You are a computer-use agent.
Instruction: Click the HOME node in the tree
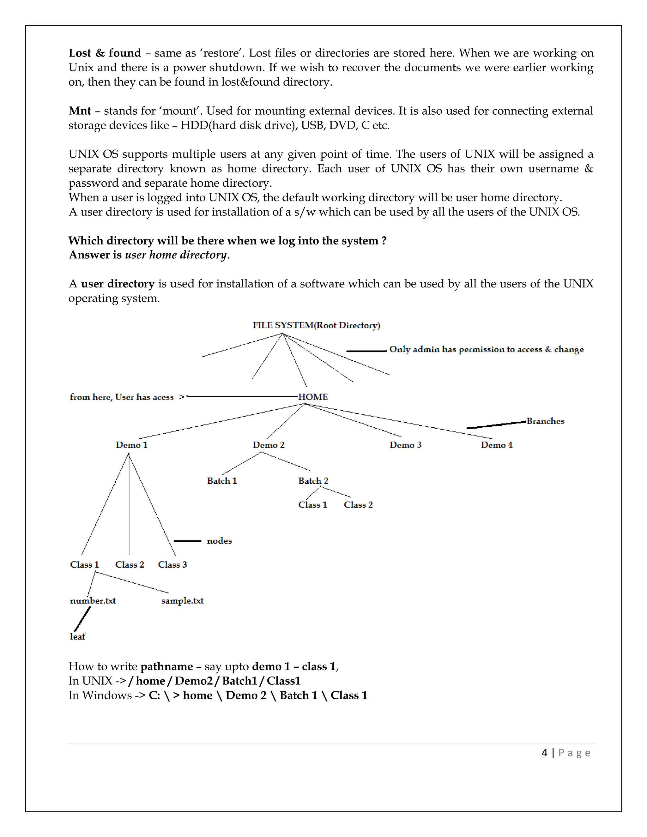(x=313, y=397)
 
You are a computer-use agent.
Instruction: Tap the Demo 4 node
(x=496, y=445)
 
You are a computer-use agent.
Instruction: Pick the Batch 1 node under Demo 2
(x=222, y=481)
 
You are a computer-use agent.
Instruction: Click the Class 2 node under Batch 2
(x=358, y=505)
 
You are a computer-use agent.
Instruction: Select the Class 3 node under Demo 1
(x=172, y=564)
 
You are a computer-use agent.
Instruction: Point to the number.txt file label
(x=93, y=600)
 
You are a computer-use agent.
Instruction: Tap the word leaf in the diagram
(x=77, y=636)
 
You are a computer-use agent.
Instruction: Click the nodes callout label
(x=219, y=541)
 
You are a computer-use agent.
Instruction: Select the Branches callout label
(x=545, y=421)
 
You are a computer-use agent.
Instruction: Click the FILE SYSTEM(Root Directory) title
(x=316, y=325)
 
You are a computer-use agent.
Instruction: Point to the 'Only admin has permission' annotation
(x=486, y=350)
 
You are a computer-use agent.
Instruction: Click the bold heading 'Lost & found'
(x=105, y=53)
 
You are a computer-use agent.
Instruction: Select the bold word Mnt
(x=80, y=111)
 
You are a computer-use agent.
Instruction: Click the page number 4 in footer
(x=545, y=753)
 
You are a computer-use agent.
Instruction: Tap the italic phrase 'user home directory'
(x=176, y=255)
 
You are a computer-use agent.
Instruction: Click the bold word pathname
(x=166, y=666)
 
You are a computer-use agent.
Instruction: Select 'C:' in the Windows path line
(x=154, y=695)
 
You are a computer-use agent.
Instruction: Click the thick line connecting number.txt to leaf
(x=82, y=618)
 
